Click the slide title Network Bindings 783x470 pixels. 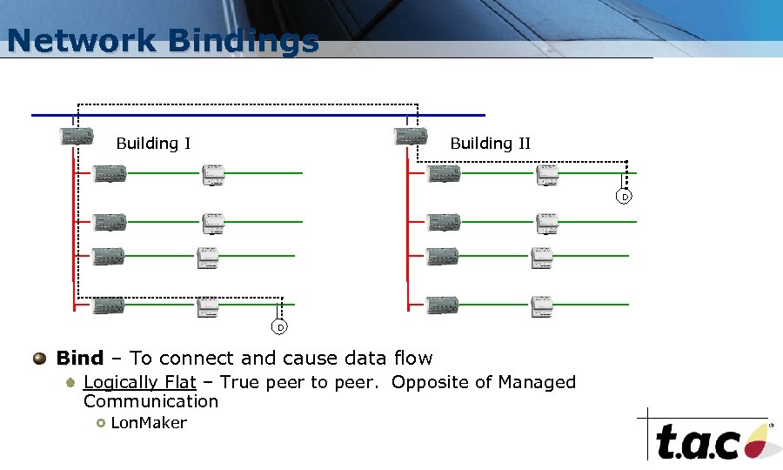click(x=163, y=41)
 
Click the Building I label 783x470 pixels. click(x=153, y=144)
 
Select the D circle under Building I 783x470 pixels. click(x=279, y=327)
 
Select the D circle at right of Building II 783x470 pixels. click(x=624, y=197)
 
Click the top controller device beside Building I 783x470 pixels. click(x=75, y=136)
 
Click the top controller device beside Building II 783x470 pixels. click(x=410, y=136)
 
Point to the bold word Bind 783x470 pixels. click(x=79, y=358)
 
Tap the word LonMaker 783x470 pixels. click(x=149, y=423)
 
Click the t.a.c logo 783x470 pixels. click(x=709, y=440)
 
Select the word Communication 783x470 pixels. click(x=151, y=401)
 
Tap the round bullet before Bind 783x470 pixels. click(x=39, y=358)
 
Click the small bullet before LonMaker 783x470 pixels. click(x=101, y=423)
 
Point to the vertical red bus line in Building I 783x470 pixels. click(x=74, y=235)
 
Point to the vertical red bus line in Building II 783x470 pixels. click(x=407, y=235)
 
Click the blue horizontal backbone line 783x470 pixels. click(x=261, y=115)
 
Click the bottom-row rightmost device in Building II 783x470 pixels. click(x=542, y=305)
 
